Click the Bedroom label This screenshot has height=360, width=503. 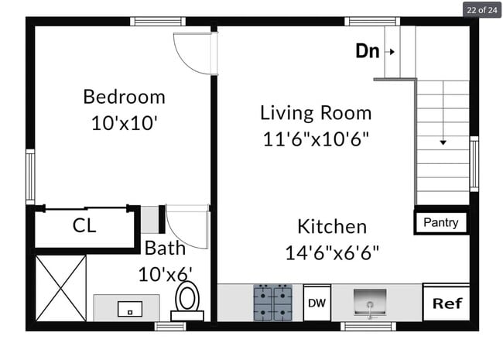pos(124,97)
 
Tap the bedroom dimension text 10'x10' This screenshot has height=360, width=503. pos(124,122)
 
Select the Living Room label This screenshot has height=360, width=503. pos(316,113)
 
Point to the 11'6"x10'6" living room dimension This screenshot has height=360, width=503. pos(316,139)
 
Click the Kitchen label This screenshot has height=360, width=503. pos(332,227)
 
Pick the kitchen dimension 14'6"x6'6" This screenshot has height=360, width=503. pos(332,252)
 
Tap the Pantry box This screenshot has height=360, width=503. pos(441,223)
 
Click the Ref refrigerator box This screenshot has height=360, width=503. pos(447,303)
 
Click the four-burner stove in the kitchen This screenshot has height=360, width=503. pos(272,303)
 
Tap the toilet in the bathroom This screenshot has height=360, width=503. pos(186,300)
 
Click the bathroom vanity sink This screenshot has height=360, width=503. pos(129,308)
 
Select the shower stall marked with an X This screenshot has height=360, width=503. pos(60,288)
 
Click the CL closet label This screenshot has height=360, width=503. pos(84,226)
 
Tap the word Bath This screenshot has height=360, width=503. pos(165,249)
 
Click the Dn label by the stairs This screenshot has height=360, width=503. pos(368,52)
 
